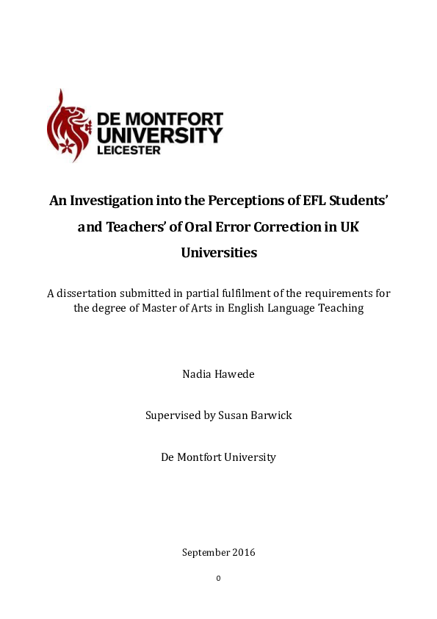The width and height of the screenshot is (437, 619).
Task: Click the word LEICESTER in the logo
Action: tap(132, 149)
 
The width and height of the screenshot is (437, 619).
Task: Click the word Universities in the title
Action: tap(219, 253)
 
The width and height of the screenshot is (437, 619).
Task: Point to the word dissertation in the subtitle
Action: tap(89, 293)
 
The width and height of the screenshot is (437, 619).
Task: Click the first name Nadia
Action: tap(197, 374)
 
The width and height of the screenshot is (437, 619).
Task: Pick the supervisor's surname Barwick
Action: tap(270, 415)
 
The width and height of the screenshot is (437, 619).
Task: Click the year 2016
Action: tap(242, 552)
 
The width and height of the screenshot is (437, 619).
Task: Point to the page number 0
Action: tap(218, 578)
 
